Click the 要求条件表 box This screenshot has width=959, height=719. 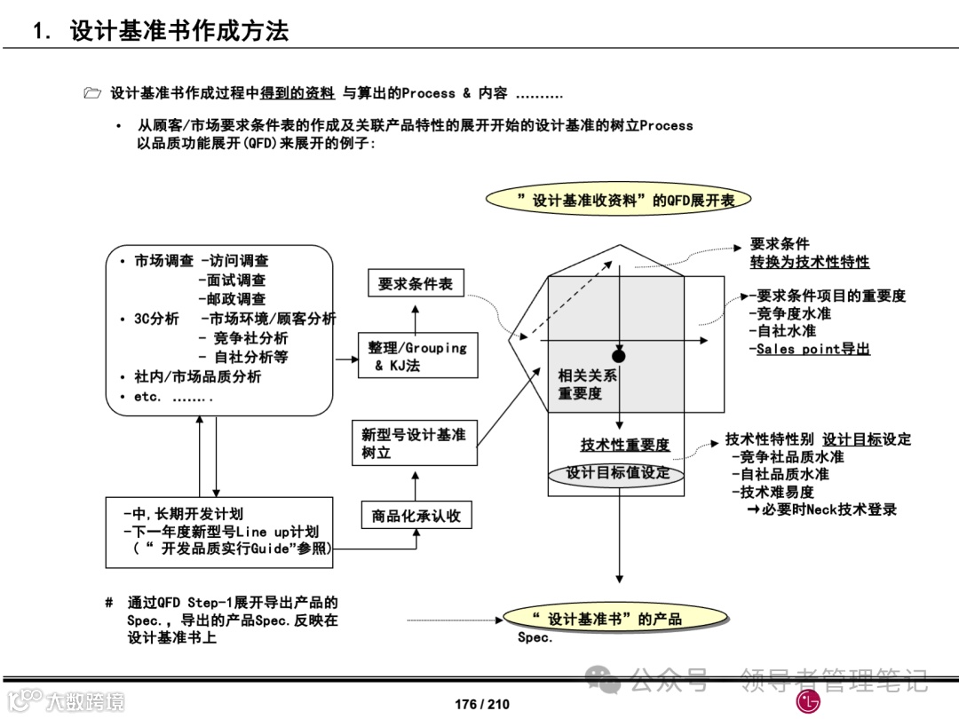(416, 283)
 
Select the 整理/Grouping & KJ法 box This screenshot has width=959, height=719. (416, 356)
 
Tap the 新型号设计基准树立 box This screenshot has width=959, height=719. (415, 443)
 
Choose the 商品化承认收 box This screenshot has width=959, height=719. (416, 516)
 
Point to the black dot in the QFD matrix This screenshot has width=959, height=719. (619, 356)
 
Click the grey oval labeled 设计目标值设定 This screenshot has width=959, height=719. (618, 474)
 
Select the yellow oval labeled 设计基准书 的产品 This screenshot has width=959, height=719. (606, 619)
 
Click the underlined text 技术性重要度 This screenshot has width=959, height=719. (625, 445)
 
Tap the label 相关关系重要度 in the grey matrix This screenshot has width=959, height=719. (587, 384)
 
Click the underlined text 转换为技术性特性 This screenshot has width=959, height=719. (810, 262)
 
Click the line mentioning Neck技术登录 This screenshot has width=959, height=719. (821, 510)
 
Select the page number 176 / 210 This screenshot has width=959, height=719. (482, 704)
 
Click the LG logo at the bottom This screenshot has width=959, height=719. (809, 701)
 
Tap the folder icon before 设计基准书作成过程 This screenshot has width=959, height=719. (92, 93)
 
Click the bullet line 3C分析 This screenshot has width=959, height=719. (156, 319)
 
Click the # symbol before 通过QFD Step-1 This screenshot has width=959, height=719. (108, 603)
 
